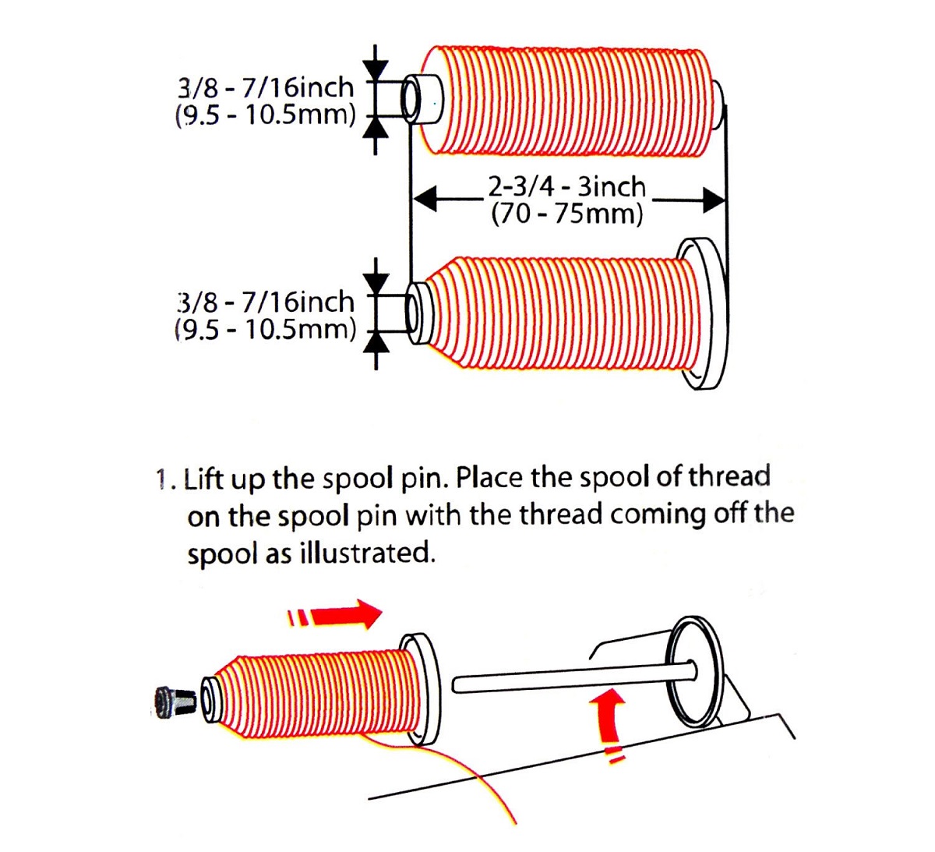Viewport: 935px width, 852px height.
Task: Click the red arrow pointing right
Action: click(x=336, y=615)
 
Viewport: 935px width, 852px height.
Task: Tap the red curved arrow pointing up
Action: click(x=608, y=723)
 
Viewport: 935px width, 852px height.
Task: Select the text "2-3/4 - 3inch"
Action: click(x=566, y=187)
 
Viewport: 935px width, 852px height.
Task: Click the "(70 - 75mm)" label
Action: click(x=567, y=214)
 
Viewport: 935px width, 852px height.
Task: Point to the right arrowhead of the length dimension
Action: click(x=714, y=200)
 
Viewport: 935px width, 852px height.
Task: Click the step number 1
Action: click(x=161, y=480)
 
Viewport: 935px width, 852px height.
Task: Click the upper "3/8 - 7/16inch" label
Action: click(x=266, y=87)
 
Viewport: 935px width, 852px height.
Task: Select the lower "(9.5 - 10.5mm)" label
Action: click(x=265, y=331)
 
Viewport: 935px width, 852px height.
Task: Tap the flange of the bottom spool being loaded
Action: click(x=421, y=690)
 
